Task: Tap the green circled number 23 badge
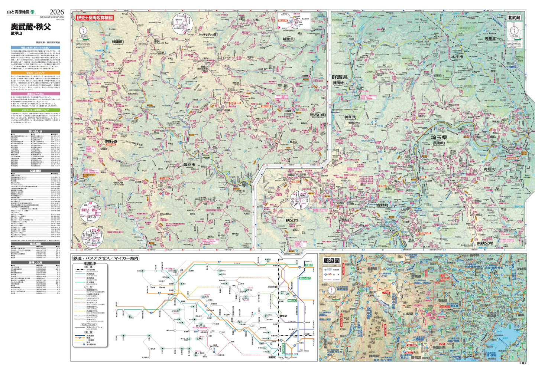[x=32, y=13]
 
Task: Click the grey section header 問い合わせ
[x=35, y=131]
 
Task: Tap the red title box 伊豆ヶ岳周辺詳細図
[x=94, y=17]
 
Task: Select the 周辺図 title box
[x=331, y=261]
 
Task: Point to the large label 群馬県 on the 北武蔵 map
[x=339, y=77]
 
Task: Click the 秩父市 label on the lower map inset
[x=292, y=221]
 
